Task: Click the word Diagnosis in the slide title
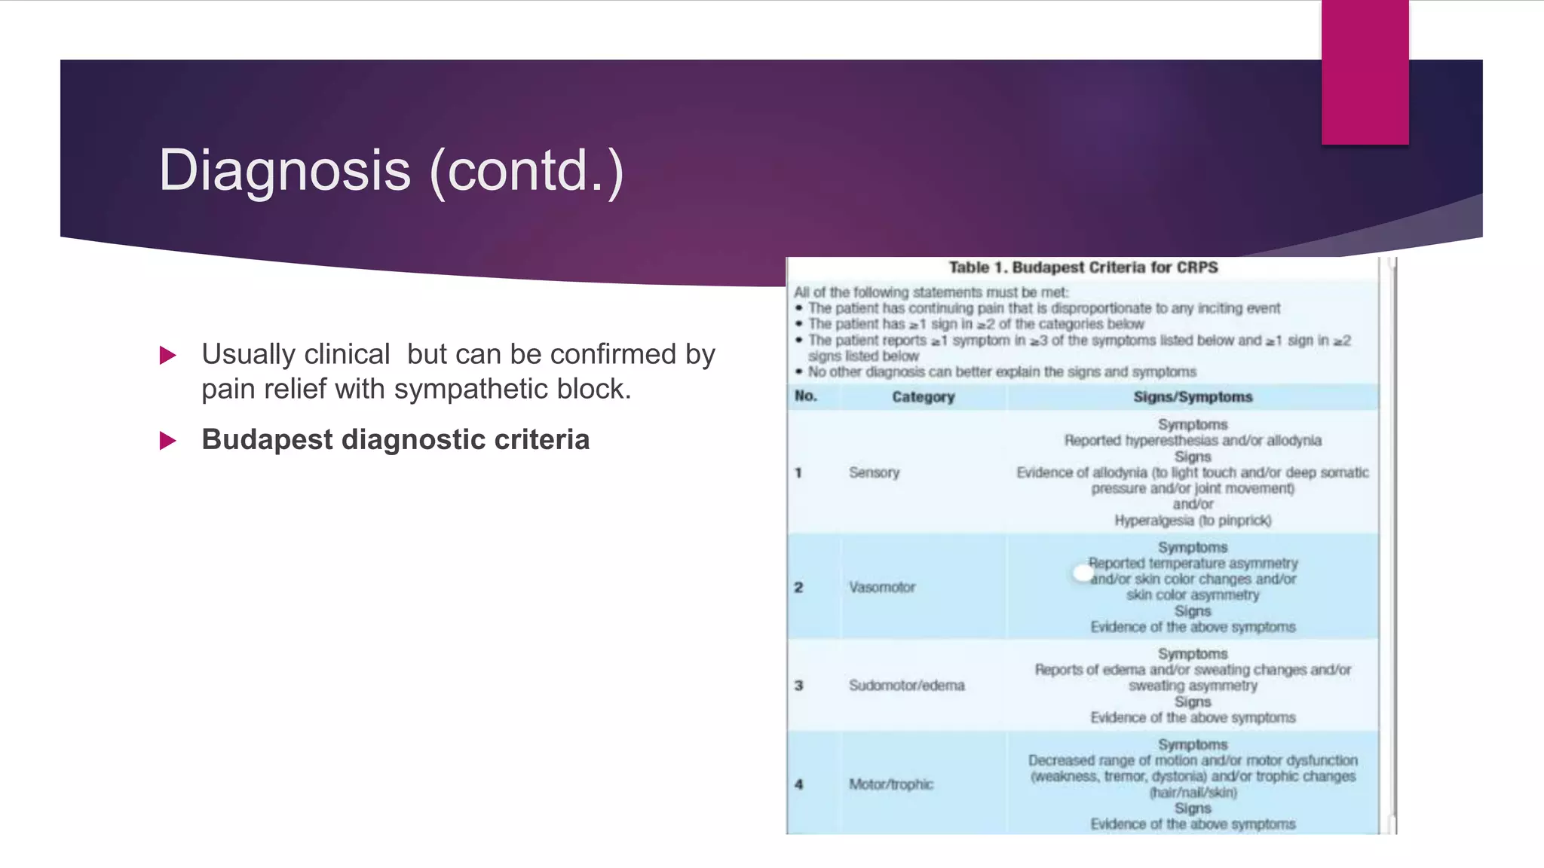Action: [x=285, y=170]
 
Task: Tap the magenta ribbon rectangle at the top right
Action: [x=1365, y=72]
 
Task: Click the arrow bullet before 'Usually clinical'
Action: [x=167, y=355]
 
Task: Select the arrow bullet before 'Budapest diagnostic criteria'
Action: [x=167, y=441]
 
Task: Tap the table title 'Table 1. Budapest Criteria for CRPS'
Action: [x=1083, y=267]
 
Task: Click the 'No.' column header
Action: [x=805, y=396]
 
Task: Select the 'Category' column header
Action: [x=923, y=397]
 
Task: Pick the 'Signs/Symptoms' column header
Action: [x=1193, y=397]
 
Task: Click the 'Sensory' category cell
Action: [x=874, y=473]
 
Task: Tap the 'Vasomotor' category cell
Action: [x=881, y=587]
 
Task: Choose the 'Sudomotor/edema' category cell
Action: [x=906, y=686]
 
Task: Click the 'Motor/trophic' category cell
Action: [x=890, y=784]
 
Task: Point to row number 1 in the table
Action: [x=798, y=473]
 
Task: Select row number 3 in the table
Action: [x=798, y=686]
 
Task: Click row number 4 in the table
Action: [x=798, y=784]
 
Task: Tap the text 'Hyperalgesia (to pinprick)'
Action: [x=1193, y=521]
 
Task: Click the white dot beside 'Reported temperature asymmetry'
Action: [x=1082, y=573]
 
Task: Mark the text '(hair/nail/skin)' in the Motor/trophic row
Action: [x=1193, y=793]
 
